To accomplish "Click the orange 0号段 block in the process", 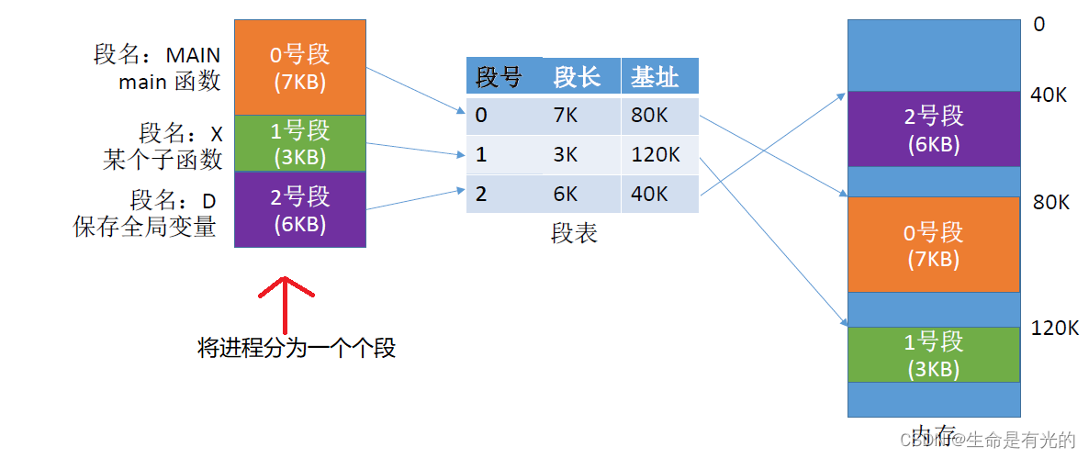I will pyautogui.click(x=300, y=67).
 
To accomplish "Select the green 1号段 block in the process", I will pyautogui.click(x=300, y=142).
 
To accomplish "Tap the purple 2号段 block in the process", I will pyautogui.click(x=300, y=208).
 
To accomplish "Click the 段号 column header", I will pyautogui.click(x=499, y=78).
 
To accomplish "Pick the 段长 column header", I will pyautogui.click(x=577, y=78).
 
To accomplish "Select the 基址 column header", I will pyautogui.click(x=655, y=78).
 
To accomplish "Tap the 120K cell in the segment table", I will pyautogui.click(x=654, y=155).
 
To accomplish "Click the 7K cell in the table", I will pyautogui.click(x=566, y=117).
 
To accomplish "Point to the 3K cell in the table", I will pyautogui.click(x=566, y=155).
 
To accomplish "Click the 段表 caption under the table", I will pyautogui.click(x=575, y=233).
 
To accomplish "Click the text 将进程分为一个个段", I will pyautogui.click(x=297, y=349).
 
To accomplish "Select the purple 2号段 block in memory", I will pyautogui.click(x=934, y=128).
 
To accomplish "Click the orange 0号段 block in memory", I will pyautogui.click(x=934, y=244).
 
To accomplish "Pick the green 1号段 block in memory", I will pyautogui.click(x=934, y=354).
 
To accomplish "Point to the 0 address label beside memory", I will pyautogui.click(x=1039, y=25).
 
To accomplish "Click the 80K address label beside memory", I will pyautogui.click(x=1051, y=202).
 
